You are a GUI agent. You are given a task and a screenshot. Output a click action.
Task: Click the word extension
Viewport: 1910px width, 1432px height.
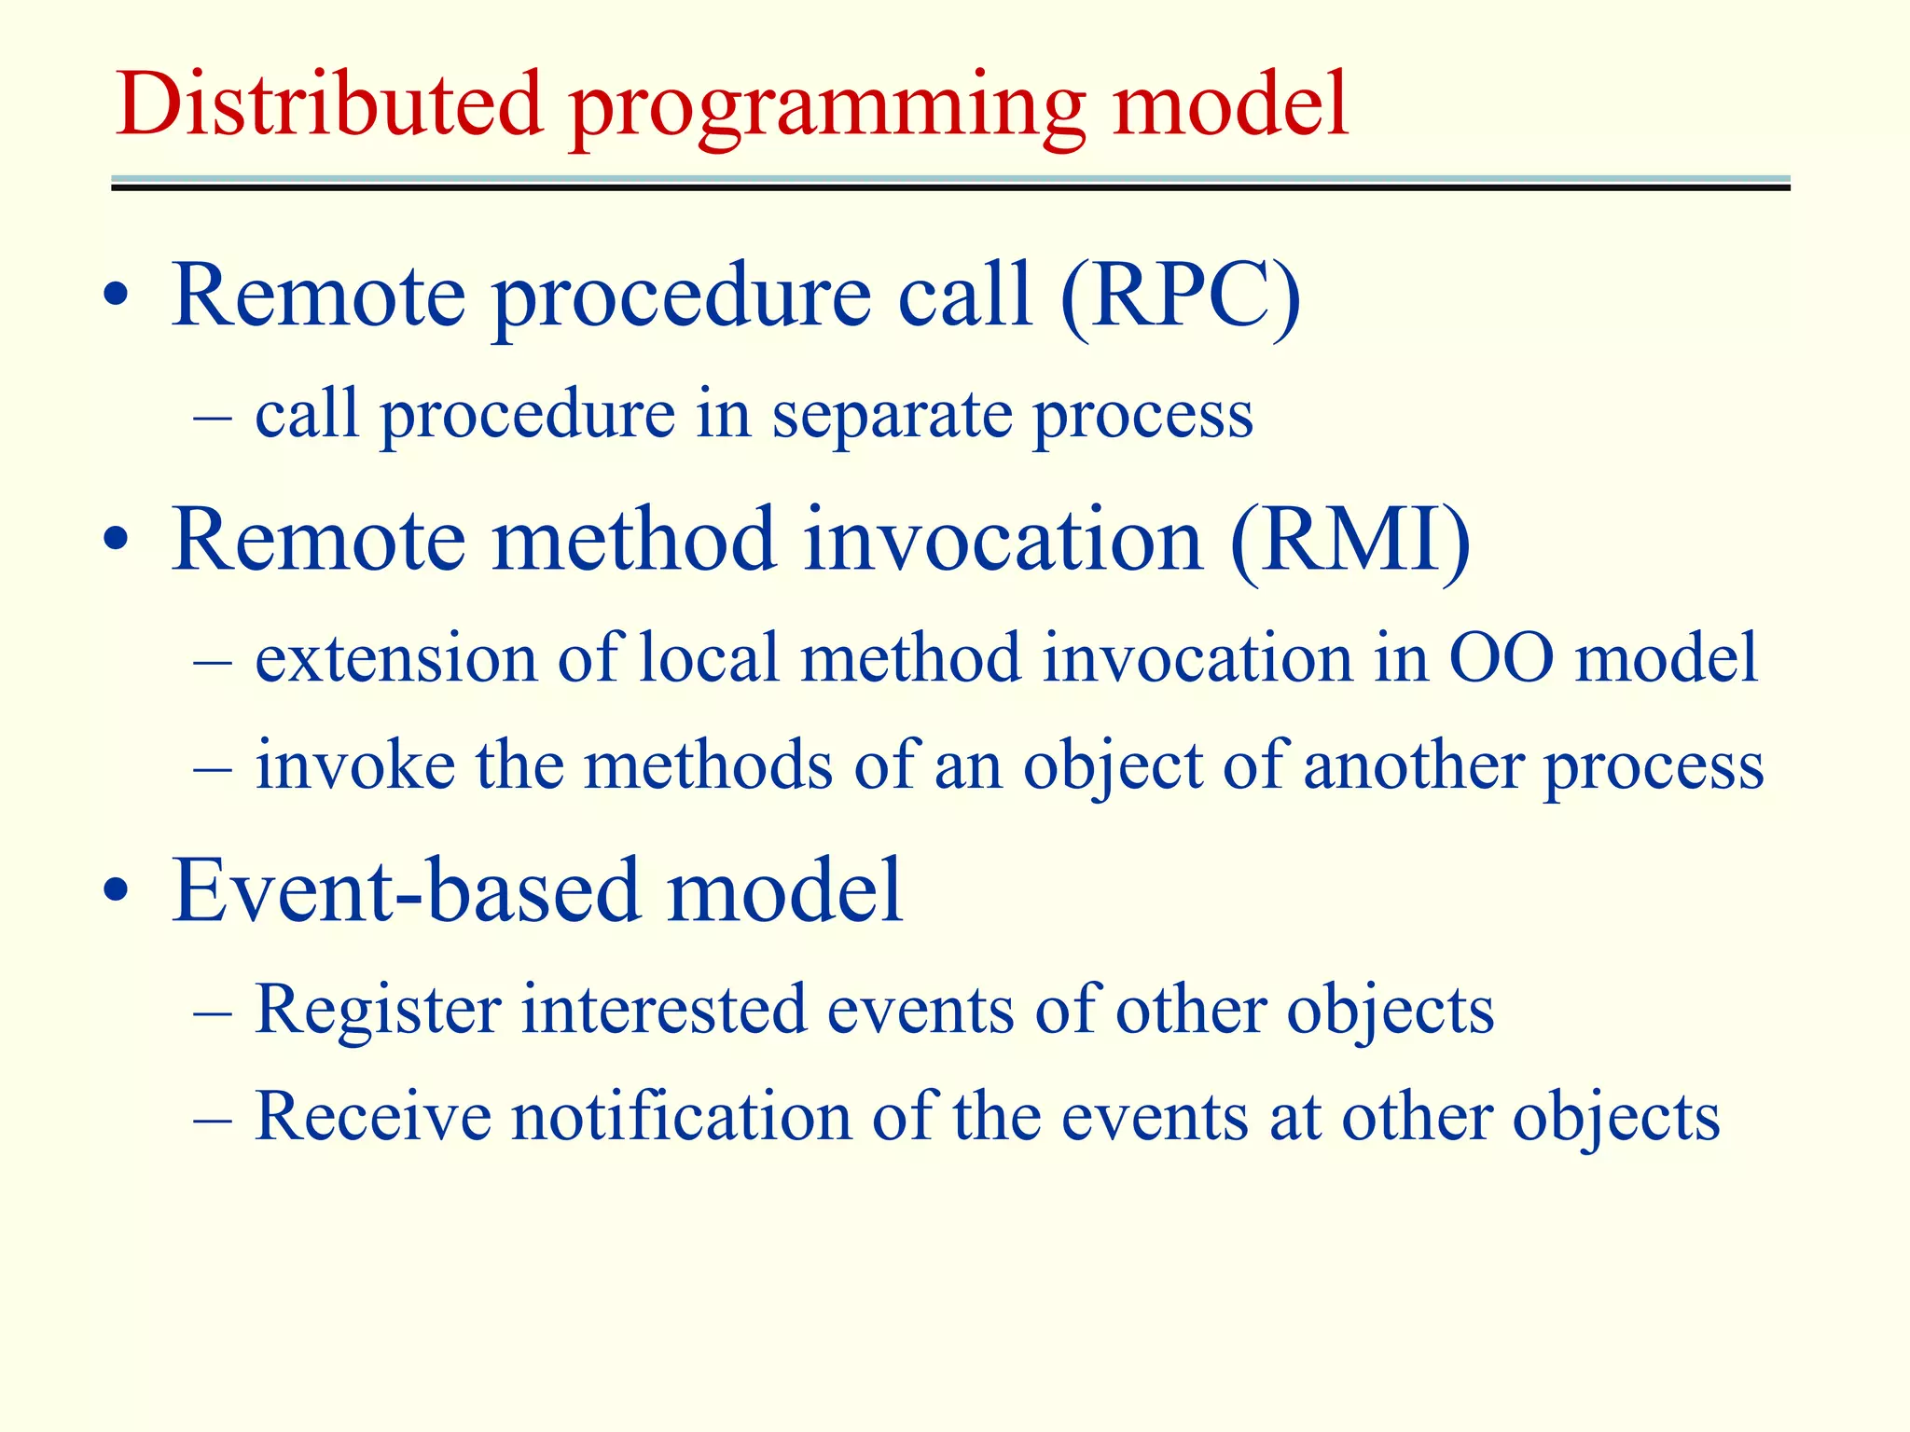click(x=394, y=658)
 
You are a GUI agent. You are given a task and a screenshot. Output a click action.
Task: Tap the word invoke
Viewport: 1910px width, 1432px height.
click(x=355, y=765)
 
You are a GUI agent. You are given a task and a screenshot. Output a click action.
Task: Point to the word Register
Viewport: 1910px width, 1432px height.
click(x=378, y=1011)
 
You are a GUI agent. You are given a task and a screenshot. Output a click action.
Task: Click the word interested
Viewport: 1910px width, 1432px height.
click(x=663, y=1011)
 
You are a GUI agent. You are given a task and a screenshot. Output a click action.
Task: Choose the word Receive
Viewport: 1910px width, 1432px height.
click(x=372, y=1117)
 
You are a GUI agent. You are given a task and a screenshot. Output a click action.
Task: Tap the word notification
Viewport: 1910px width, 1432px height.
click(x=681, y=1117)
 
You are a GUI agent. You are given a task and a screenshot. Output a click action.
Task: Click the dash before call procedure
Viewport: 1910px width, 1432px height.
click(x=213, y=417)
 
